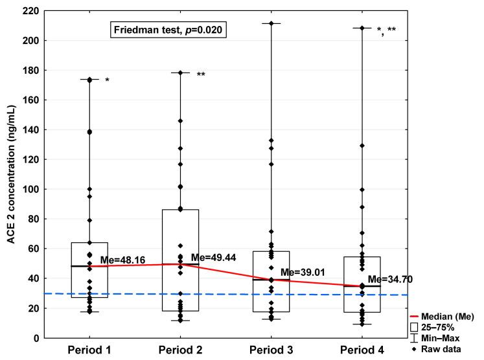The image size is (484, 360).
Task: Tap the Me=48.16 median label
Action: click(x=122, y=260)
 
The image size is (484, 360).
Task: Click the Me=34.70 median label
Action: click(x=391, y=280)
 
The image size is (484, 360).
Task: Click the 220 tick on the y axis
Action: click(x=28, y=11)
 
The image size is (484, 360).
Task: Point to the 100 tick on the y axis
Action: click(x=28, y=189)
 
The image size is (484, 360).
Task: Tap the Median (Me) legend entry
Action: click(x=447, y=317)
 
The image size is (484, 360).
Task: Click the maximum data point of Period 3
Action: click(x=271, y=23)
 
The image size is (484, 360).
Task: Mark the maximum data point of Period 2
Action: click(x=180, y=73)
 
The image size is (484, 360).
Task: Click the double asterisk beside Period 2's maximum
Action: click(x=201, y=74)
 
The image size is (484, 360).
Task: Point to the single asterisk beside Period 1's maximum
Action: click(x=107, y=81)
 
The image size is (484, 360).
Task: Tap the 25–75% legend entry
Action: click(x=444, y=327)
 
